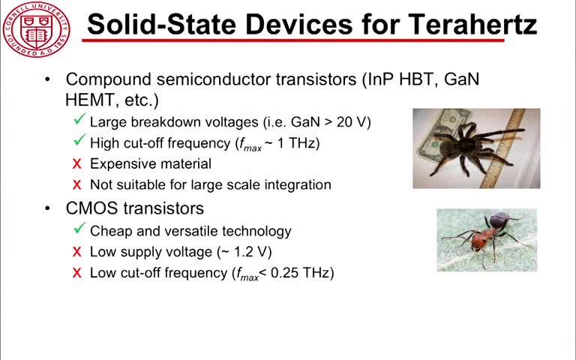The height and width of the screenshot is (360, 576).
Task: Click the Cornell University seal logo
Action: [36, 30]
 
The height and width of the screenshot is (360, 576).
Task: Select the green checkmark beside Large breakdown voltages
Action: [79, 119]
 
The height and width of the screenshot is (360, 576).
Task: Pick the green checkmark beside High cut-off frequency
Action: [79, 140]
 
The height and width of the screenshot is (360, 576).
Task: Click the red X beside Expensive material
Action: [76, 163]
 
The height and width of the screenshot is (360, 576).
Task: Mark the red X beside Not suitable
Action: [76, 184]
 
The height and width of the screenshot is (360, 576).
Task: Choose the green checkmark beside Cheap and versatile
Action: [79, 228]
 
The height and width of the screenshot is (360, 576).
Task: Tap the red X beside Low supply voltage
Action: [76, 252]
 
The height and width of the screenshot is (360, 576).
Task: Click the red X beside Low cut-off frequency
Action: [76, 273]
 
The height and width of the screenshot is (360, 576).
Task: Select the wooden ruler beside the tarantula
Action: [506, 147]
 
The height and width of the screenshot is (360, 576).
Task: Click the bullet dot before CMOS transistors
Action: [47, 208]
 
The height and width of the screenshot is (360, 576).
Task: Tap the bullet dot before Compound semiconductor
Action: [47, 79]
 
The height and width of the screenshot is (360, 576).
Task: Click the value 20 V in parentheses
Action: [352, 122]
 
